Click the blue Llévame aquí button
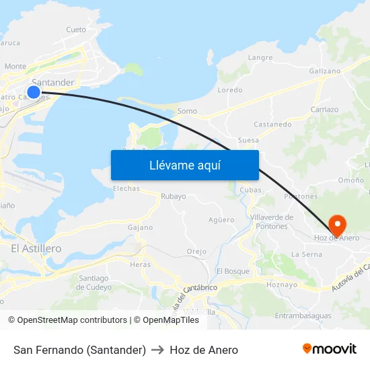(x=184, y=165)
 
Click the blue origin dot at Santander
(x=34, y=91)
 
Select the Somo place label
(x=187, y=111)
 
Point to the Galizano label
(x=326, y=71)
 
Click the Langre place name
(x=260, y=58)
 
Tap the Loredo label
(x=230, y=89)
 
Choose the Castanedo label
(x=272, y=124)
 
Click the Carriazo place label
(x=324, y=109)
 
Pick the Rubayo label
(x=173, y=196)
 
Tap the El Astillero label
(x=36, y=249)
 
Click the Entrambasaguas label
(x=303, y=316)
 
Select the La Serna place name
(x=307, y=254)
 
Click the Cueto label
(x=76, y=30)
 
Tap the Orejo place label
(x=196, y=252)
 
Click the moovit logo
(x=330, y=349)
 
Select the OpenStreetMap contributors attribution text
(x=72, y=320)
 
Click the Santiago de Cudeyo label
(x=94, y=283)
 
